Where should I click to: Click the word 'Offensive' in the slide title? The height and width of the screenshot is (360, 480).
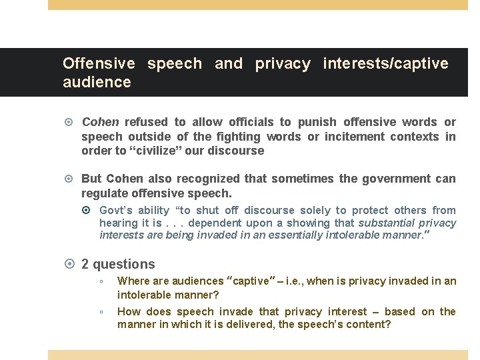point(98,64)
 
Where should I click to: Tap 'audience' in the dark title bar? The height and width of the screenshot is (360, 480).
point(97,83)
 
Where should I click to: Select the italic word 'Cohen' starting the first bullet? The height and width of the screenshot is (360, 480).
point(100,122)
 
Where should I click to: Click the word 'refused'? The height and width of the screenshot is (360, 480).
point(146,122)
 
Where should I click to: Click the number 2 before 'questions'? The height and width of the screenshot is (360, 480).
point(85,265)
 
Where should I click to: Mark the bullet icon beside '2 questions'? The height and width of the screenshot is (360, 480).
point(71,265)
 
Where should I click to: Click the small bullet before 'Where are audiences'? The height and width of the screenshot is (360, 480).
point(100,282)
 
